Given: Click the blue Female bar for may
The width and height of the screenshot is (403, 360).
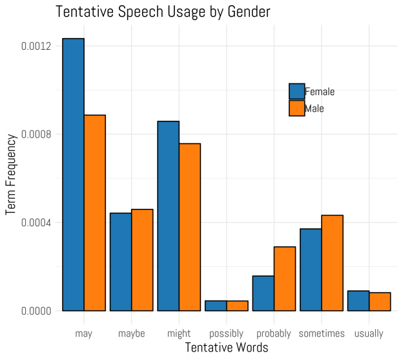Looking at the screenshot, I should [73, 175].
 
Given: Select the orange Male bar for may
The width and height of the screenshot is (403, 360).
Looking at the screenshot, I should [95, 213].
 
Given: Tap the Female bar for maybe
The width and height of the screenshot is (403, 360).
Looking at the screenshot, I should [121, 262].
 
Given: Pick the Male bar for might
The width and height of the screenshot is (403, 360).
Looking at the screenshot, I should [190, 227].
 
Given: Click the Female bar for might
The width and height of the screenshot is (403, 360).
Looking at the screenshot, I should [169, 216].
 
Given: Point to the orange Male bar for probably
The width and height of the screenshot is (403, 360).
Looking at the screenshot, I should [285, 279].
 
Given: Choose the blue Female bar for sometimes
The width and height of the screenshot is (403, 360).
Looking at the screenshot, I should [311, 270].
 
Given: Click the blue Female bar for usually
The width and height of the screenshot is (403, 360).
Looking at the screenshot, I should [358, 301].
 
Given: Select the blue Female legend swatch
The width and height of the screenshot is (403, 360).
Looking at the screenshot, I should [296, 92].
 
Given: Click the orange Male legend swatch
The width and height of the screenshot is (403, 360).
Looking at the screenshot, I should [296, 109].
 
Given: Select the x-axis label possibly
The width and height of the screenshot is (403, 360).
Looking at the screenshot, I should [226, 334].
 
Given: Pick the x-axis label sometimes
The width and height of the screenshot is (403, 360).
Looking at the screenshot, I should [322, 334].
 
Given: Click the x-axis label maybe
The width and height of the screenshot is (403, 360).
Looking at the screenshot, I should [132, 334].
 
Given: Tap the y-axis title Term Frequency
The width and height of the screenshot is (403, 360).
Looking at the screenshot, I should [11, 175].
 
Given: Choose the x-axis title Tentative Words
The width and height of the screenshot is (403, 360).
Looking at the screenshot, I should [226, 348].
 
